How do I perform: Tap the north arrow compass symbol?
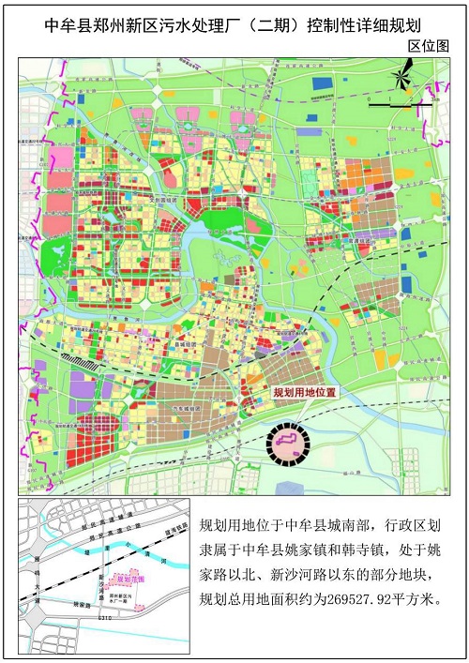(403, 75)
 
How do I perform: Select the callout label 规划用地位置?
(303, 395)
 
